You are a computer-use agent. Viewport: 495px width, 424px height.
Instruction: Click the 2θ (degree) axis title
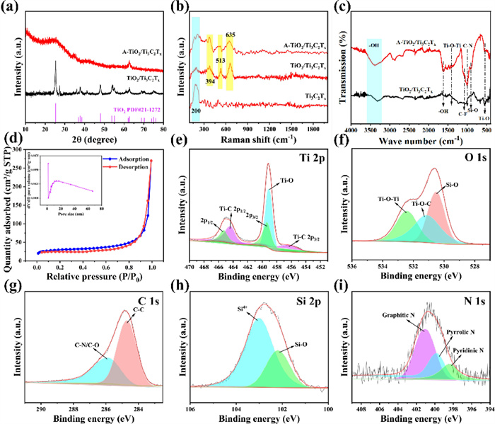[93, 139]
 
